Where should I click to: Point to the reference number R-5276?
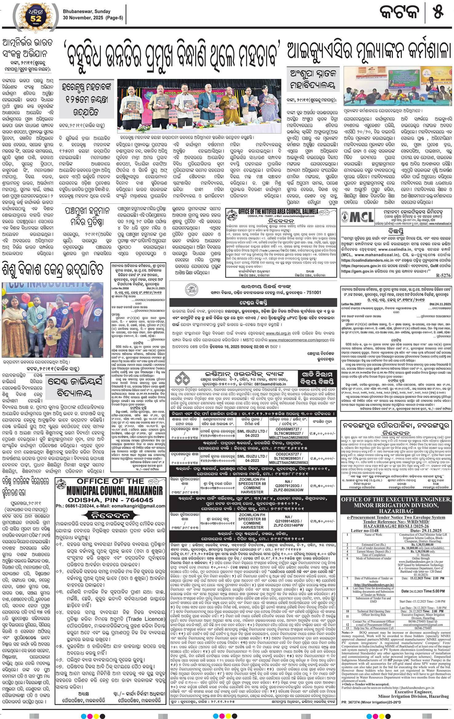pyautogui.click(x=444, y=276)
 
